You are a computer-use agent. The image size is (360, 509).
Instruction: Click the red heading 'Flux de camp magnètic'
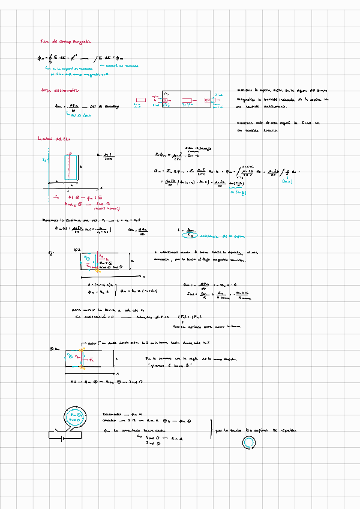tap(65, 41)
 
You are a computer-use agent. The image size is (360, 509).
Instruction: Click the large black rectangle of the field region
tap(186, 99)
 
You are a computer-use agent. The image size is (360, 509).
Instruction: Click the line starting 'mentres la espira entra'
tap(278, 88)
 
